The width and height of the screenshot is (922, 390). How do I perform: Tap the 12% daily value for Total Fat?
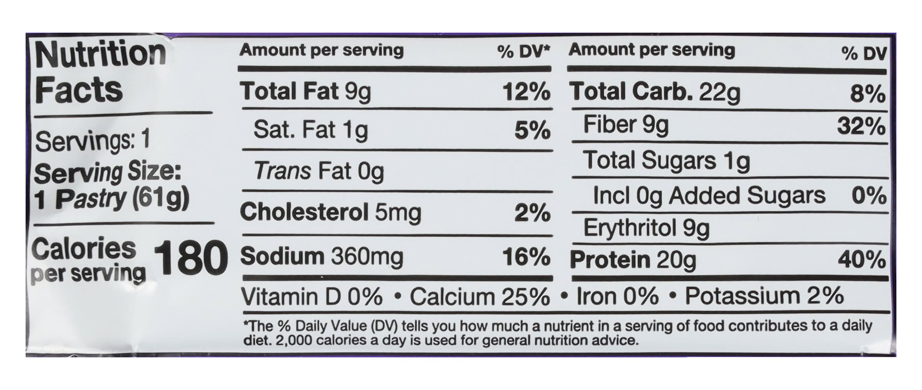pyautogui.click(x=526, y=92)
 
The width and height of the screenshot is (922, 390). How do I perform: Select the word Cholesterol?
pyautogui.click(x=304, y=213)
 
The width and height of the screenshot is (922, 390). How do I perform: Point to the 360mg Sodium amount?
pyautogui.click(x=367, y=257)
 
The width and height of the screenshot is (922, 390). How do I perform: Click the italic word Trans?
pyautogui.click(x=283, y=171)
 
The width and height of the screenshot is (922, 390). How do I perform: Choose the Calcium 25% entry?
pyautogui.click(x=480, y=297)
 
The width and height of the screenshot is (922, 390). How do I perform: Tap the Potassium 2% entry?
pyautogui.click(x=764, y=296)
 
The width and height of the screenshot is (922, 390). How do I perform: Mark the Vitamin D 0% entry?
pyautogui.click(x=312, y=297)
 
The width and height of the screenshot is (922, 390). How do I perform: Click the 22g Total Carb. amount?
pyautogui.click(x=720, y=92)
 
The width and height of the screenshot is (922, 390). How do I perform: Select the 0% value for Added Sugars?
pyautogui.click(x=869, y=196)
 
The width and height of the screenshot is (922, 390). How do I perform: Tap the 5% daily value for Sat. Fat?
pyautogui.click(x=532, y=131)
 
